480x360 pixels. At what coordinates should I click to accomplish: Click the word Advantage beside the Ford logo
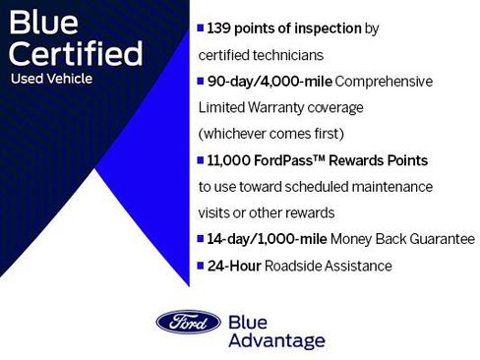tap(275, 340)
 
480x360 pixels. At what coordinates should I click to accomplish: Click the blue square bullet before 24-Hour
tap(201, 266)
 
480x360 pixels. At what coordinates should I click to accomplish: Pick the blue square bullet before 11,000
tap(201, 160)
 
